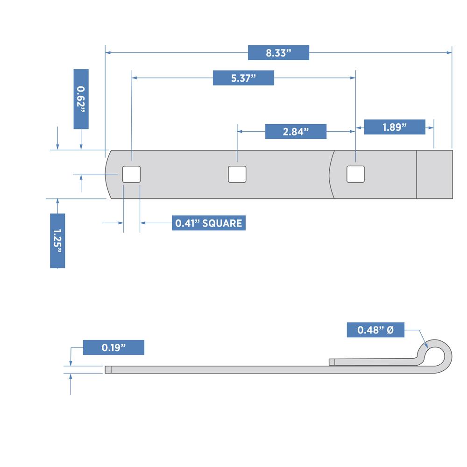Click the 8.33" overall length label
[x=278, y=53]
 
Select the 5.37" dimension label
[x=243, y=78]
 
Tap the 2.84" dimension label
[x=296, y=131]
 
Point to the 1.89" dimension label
[x=395, y=127]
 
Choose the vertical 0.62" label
[x=81, y=99]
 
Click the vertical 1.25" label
[x=57, y=241]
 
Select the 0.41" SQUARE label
[x=209, y=223]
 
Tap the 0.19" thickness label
[x=113, y=347]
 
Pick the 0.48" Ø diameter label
[x=375, y=330]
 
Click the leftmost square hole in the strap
[x=131, y=174]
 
